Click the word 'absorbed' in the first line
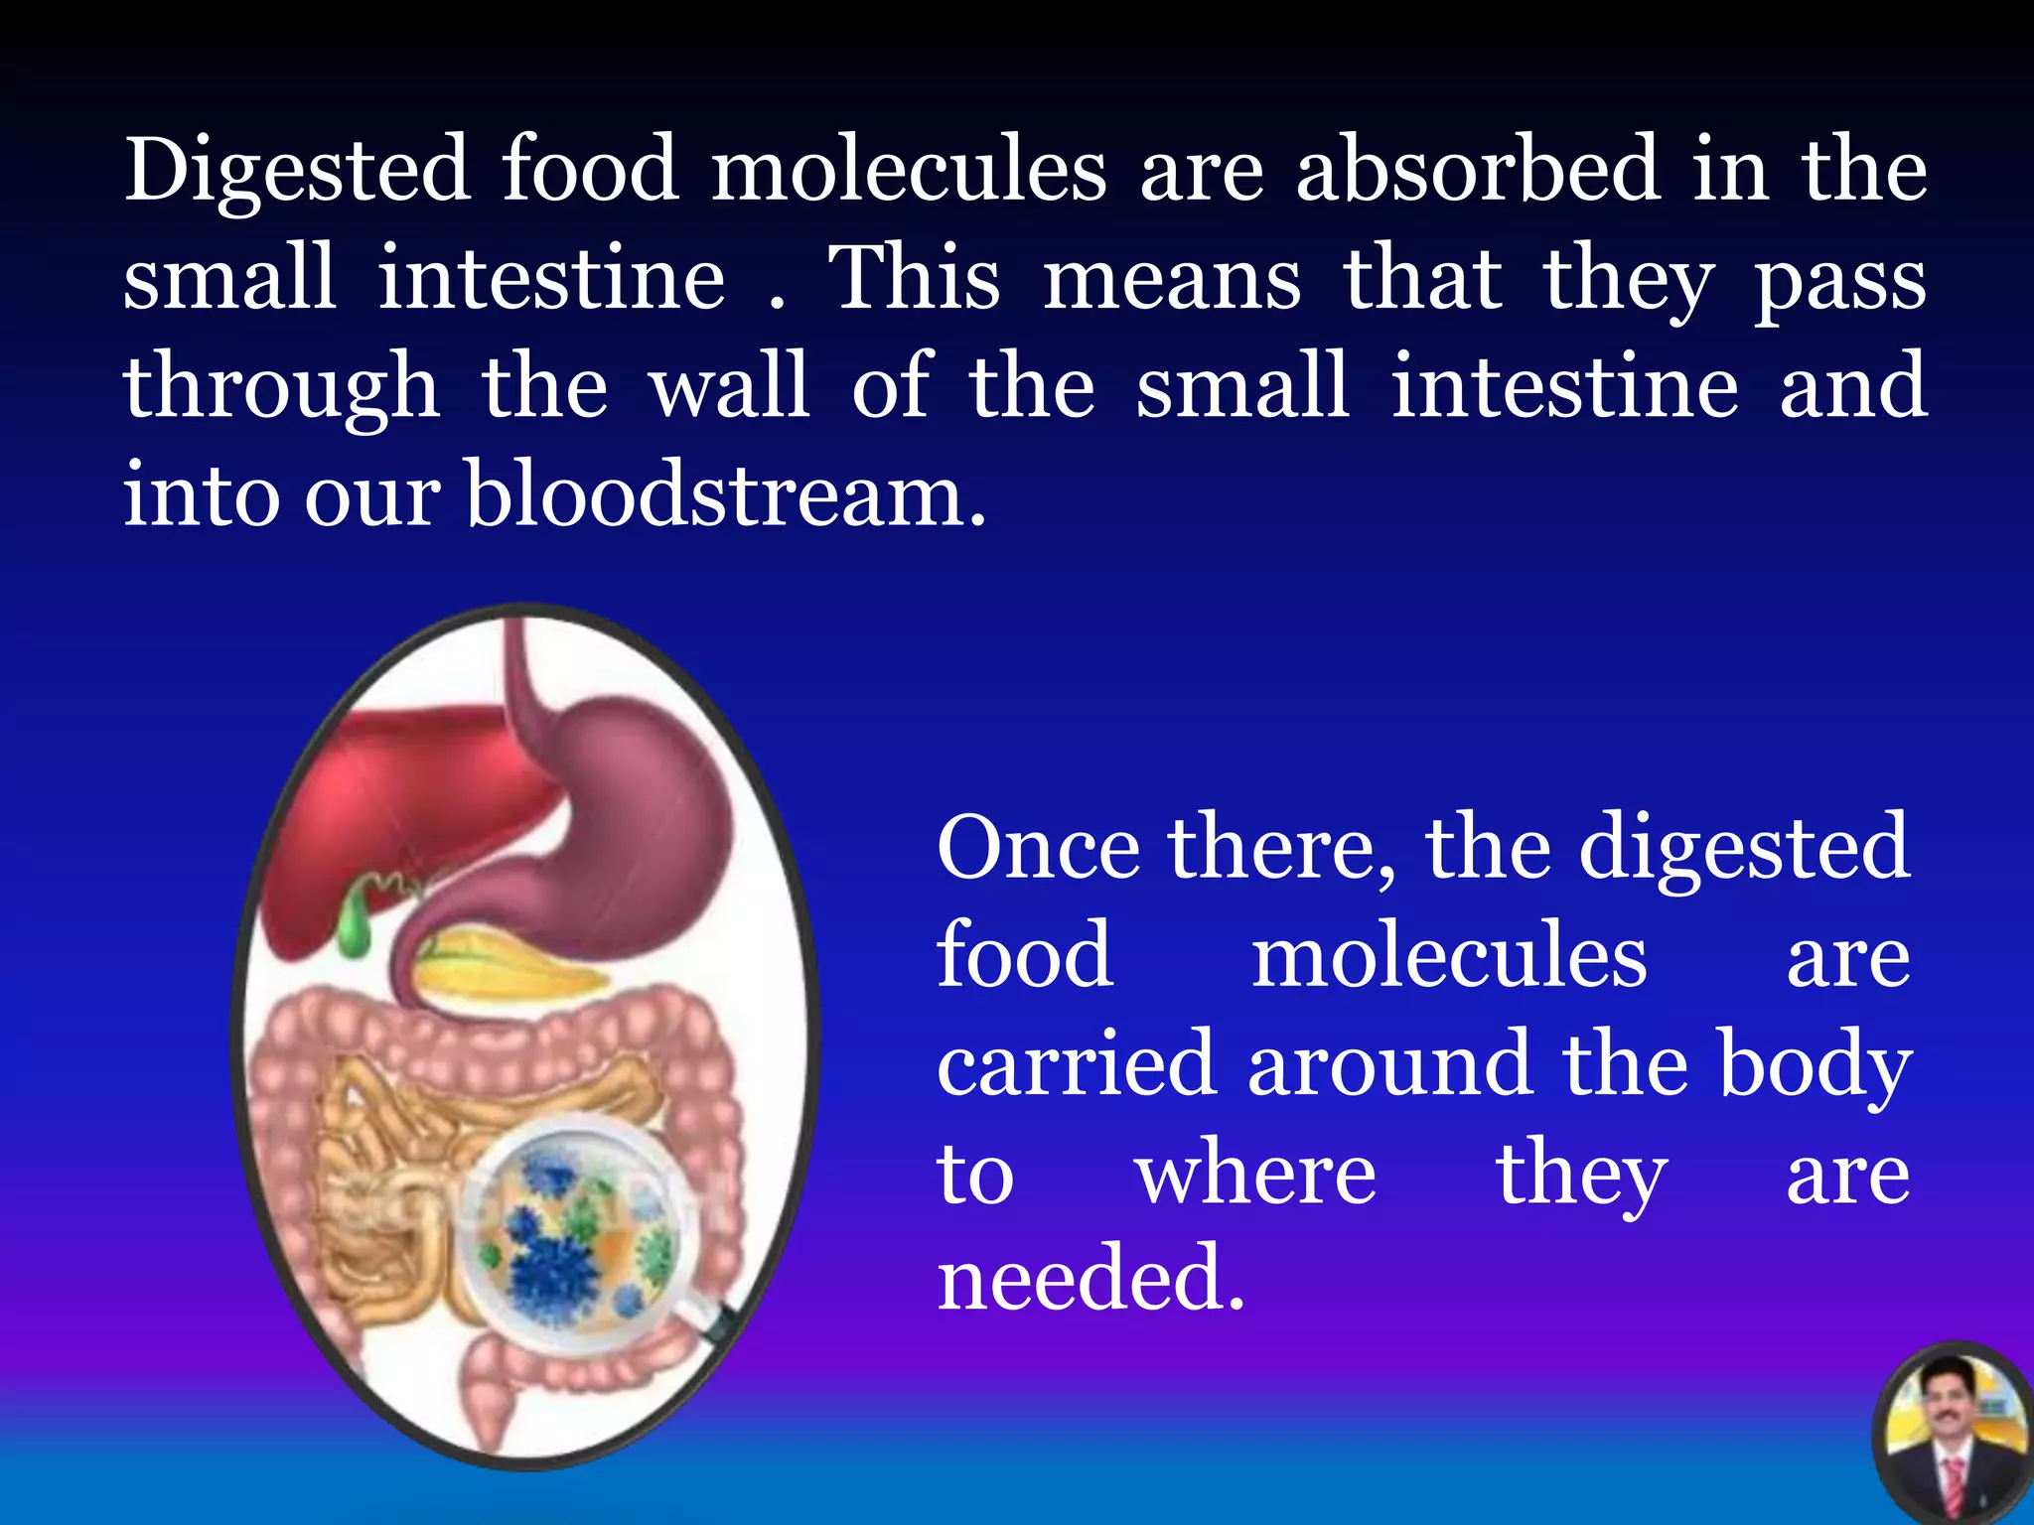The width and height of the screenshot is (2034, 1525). [1478, 169]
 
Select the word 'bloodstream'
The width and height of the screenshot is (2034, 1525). [726, 494]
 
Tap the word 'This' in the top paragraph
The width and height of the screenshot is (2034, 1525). [915, 278]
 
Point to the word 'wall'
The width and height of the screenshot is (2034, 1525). [729, 386]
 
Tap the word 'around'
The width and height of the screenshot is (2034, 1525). [1390, 1064]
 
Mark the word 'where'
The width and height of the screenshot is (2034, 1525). [1255, 1174]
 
